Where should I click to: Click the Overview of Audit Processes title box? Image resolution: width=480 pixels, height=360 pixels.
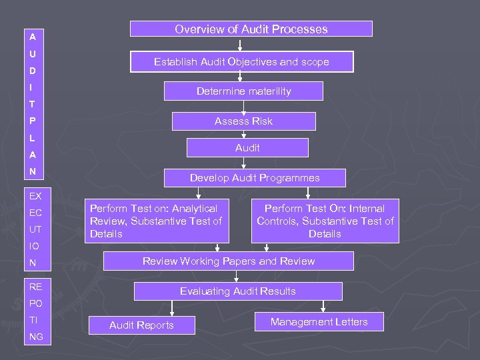251,29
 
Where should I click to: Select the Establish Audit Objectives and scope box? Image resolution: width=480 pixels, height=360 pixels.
241,62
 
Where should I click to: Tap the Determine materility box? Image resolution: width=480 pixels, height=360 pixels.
243,91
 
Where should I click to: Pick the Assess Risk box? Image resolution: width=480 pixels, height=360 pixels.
243,121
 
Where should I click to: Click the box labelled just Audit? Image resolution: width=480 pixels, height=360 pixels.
247,148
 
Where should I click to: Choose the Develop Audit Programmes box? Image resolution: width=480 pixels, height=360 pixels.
255,178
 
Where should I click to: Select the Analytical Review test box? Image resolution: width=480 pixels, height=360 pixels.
156,221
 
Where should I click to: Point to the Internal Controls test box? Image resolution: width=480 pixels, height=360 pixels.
325,221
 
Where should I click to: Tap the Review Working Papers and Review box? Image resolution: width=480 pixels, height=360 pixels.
229,261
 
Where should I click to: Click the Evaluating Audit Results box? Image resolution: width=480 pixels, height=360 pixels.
238,291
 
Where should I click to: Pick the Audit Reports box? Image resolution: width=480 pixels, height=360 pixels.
141,325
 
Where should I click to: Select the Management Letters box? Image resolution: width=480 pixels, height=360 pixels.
319,322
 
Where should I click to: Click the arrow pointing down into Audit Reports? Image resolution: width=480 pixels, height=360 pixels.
173,309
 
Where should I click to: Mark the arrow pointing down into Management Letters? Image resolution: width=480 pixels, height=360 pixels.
323,307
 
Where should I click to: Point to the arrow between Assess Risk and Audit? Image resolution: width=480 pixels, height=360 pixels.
243,134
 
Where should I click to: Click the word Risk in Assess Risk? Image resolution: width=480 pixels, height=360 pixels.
259,121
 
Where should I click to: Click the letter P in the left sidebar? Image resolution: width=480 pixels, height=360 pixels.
32,121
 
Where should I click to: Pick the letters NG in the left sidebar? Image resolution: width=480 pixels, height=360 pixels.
36,337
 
